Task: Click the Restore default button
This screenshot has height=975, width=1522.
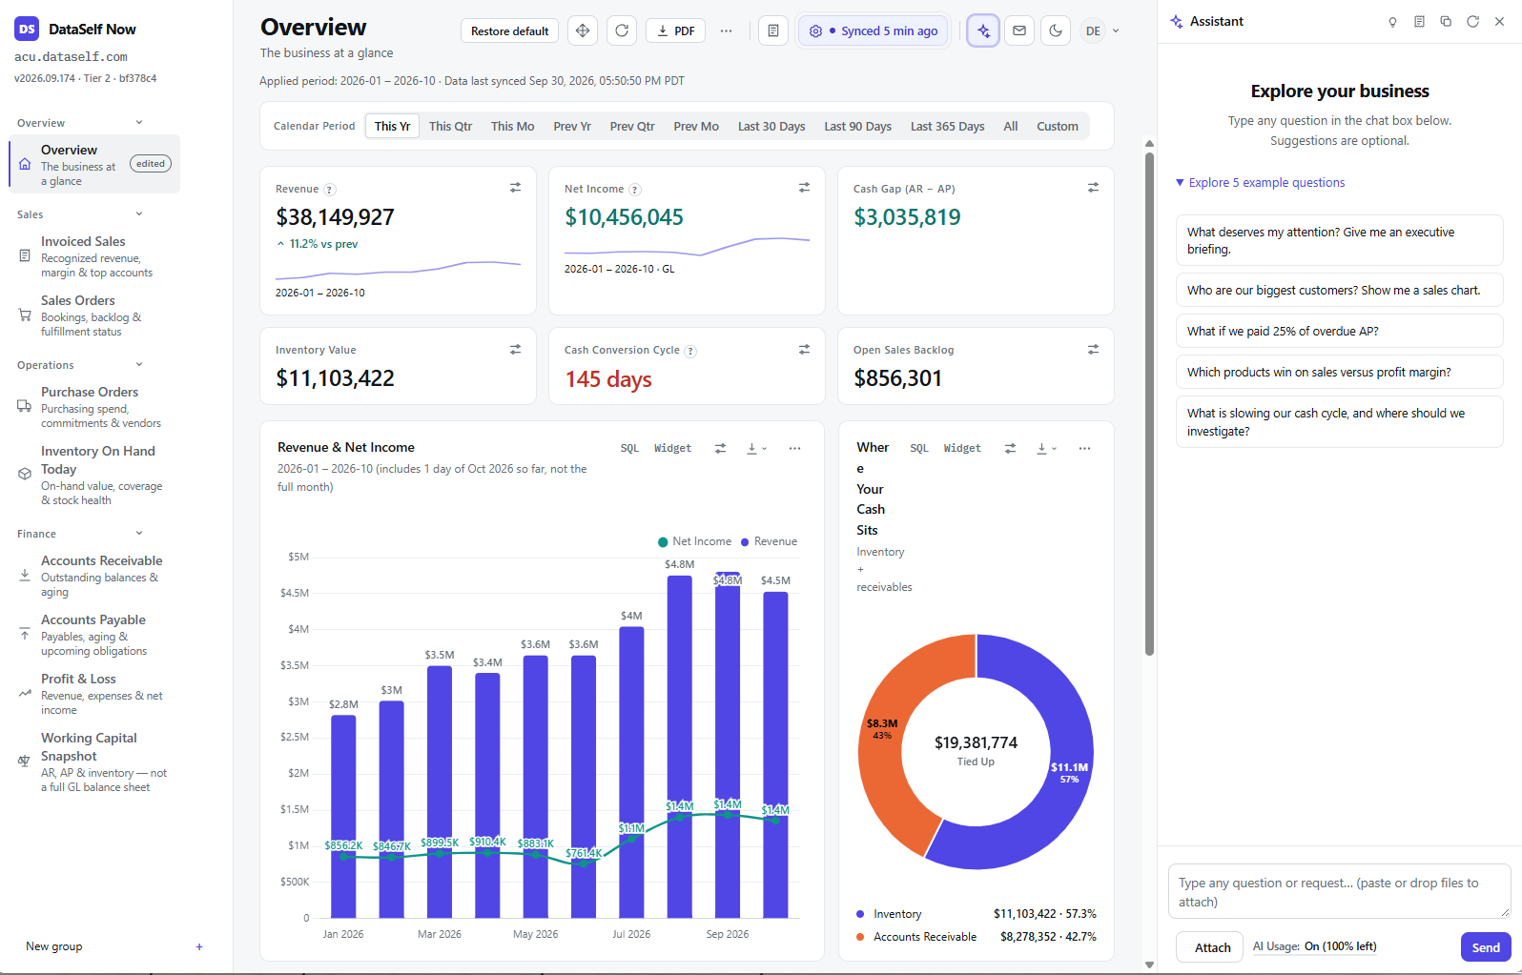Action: (x=509, y=31)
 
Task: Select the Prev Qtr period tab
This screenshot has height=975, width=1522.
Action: (x=632, y=127)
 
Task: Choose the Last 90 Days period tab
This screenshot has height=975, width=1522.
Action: (x=857, y=127)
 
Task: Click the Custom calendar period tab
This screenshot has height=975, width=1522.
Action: (x=1058, y=127)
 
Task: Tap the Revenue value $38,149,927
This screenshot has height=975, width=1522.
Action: (x=335, y=217)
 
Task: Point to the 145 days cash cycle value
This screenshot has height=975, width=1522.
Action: (x=608, y=379)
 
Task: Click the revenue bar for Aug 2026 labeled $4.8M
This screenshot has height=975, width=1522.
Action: (x=679, y=747)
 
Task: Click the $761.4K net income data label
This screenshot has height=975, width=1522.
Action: (x=584, y=853)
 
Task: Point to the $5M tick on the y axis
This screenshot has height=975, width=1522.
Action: (x=298, y=557)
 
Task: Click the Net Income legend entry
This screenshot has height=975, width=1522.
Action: (x=694, y=541)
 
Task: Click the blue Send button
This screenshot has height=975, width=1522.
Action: (x=1486, y=947)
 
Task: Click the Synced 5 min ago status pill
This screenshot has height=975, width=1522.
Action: (x=873, y=31)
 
